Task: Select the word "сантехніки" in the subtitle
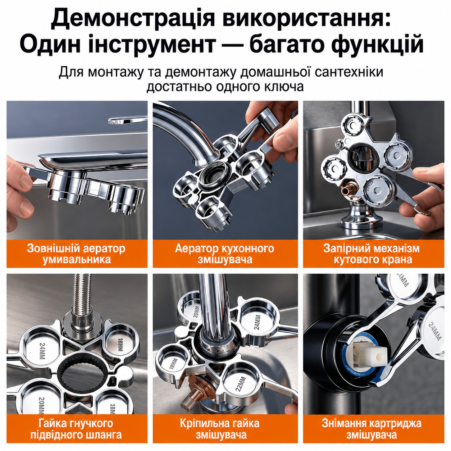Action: [x=349, y=72]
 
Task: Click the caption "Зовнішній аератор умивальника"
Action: [x=76, y=254]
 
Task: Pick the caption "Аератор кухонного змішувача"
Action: [x=225, y=254]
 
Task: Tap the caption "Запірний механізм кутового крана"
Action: [x=373, y=254]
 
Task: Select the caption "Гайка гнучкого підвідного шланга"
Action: [x=76, y=428]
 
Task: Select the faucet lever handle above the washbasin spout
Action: [x=128, y=120]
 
